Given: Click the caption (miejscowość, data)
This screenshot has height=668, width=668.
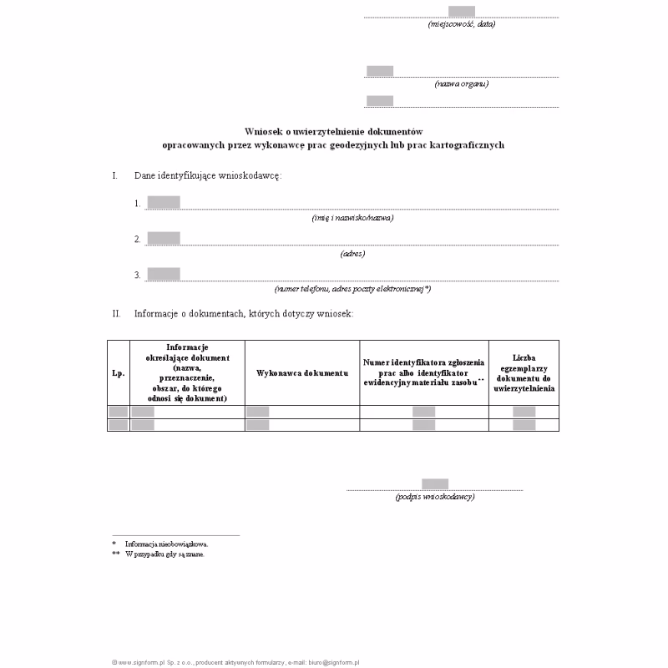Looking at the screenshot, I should point(461,24).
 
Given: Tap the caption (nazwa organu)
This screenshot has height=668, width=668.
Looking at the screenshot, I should point(461,83).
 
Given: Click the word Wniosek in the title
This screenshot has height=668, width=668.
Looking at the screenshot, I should point(262,132).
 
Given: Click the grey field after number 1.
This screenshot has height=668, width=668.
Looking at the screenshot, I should point(164,202).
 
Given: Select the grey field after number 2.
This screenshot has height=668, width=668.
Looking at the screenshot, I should point(164,238).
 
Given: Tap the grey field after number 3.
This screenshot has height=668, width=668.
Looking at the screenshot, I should point(164,274).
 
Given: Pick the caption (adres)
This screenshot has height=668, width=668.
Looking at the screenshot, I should point(352,253).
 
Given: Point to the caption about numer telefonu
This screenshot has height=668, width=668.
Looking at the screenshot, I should point(352,289).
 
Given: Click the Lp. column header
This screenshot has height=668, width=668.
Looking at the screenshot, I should point(118,372).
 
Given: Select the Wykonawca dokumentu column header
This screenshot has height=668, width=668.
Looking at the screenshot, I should point(302,372).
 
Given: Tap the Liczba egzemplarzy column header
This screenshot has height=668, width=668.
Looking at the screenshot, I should point(524,372).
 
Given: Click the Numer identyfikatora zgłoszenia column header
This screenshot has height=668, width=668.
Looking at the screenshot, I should point(424,372).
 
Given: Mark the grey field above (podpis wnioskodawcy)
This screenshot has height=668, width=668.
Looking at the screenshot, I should point(435,483).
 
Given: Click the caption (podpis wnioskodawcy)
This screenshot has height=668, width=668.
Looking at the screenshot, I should point(435,497).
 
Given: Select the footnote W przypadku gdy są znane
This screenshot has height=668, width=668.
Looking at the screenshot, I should point(164,554).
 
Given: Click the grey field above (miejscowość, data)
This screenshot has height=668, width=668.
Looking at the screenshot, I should point(461,11).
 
